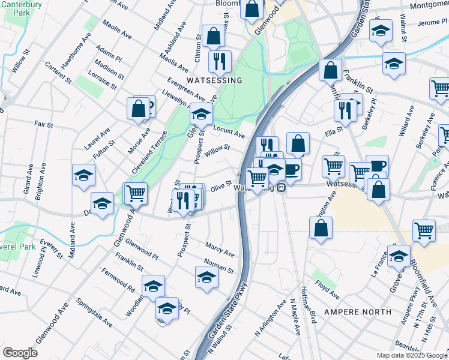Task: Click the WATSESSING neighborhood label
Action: [214, 80]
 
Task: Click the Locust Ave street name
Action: [229, 131]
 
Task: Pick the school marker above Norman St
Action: [206, 277]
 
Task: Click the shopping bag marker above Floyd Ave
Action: [321, 227]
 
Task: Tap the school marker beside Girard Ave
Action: [83, 175]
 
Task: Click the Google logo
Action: [20, 353]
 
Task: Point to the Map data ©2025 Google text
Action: [411, 355]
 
